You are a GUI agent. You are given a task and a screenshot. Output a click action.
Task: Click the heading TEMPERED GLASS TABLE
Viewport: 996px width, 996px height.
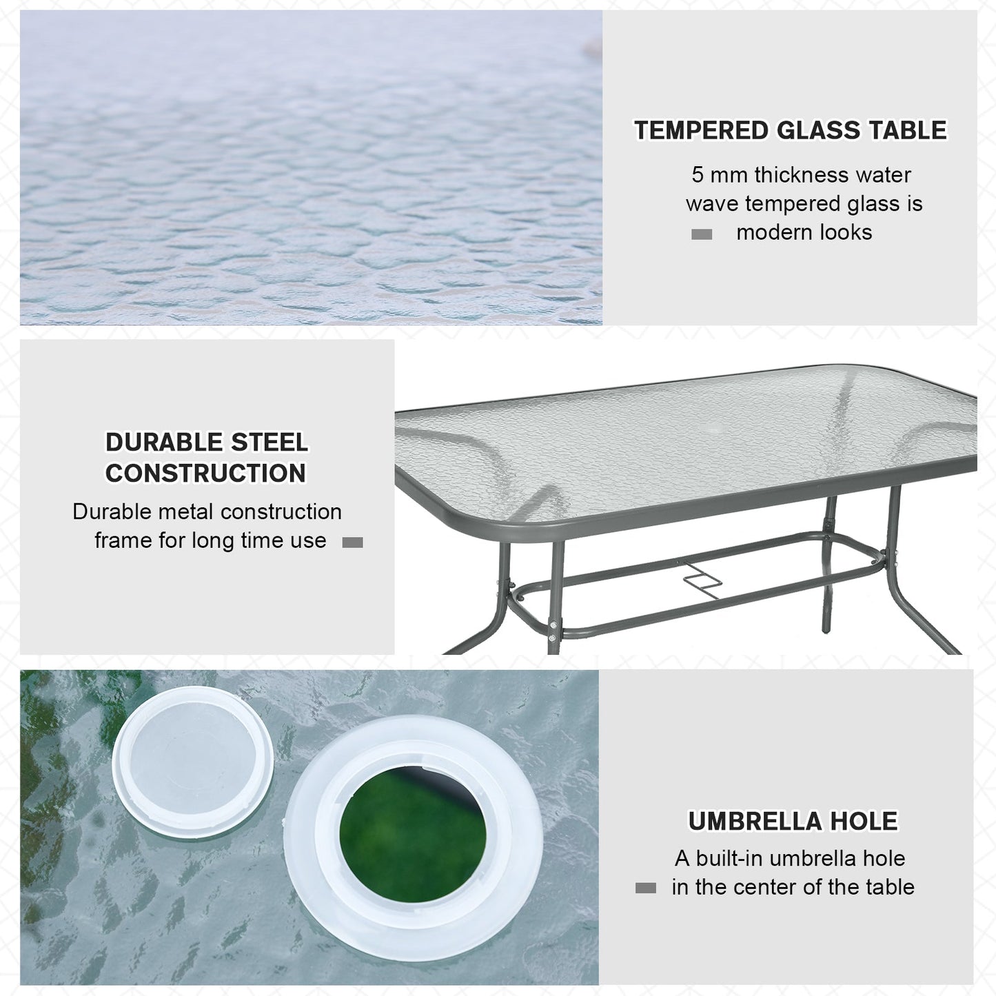[790, 130]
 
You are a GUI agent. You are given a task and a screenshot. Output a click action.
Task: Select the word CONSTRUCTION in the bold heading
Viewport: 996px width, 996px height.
[205, 473]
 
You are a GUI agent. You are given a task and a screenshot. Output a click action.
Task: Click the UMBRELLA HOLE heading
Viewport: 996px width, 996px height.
[793, 821]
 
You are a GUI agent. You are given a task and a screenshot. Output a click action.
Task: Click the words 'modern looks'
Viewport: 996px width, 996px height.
[804, 232]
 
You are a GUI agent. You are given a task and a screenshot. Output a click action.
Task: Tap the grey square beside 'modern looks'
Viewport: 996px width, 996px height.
[701, 234]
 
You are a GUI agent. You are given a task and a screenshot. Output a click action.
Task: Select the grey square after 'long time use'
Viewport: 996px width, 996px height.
[352, 542]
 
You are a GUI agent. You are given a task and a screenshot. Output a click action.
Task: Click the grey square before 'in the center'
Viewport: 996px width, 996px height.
[645, 888]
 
